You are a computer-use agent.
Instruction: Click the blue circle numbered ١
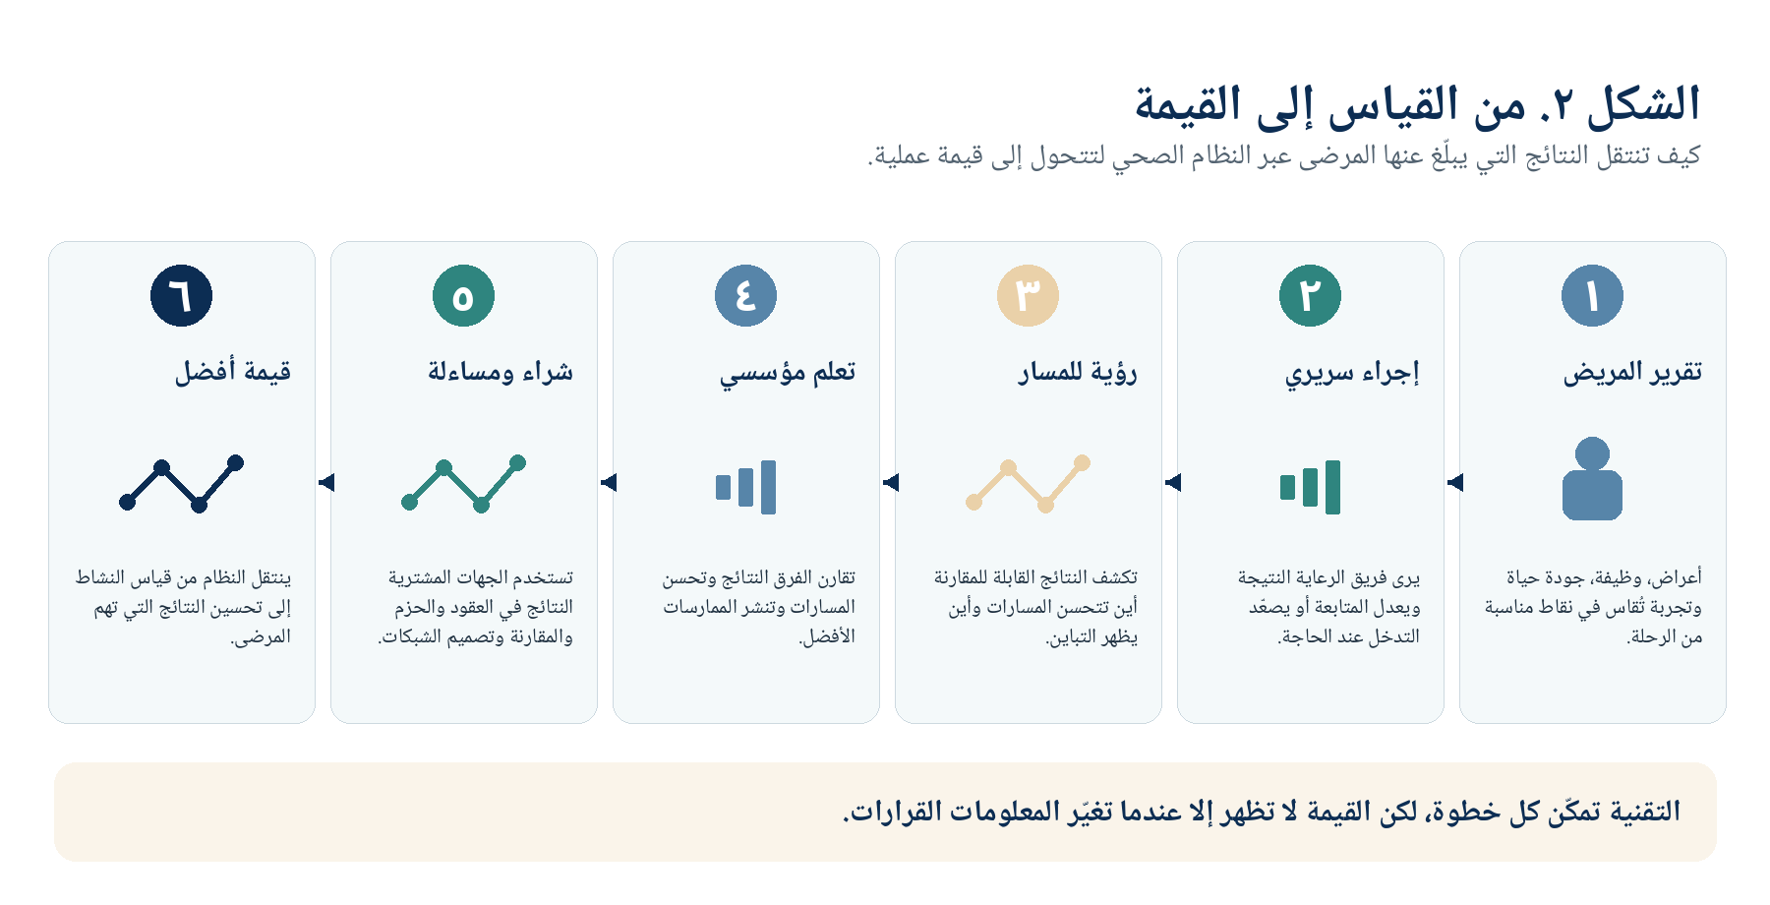click(1592, 295)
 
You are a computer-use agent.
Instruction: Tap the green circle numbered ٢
click(1310, 295)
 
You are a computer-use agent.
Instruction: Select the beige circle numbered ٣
click(1028, 295)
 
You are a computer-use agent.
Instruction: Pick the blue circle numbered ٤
click(745, 295)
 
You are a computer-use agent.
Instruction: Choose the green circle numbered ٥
click(463, 295)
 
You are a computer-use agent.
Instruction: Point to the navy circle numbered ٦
click(181, 295)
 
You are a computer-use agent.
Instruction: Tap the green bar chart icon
click(1310, 487)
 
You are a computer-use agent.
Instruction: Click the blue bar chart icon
click(745, 487)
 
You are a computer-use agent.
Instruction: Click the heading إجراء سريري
click(1352, 373)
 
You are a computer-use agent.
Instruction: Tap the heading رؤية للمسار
click(1078, 372)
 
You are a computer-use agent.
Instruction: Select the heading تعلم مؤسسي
click(788, 373)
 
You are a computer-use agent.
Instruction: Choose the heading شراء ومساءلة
click(501, 372)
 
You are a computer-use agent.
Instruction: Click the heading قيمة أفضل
click(233, 371)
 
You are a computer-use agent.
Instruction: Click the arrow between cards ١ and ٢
click(1455, 482)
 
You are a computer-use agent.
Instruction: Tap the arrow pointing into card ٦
click(326, 482)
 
